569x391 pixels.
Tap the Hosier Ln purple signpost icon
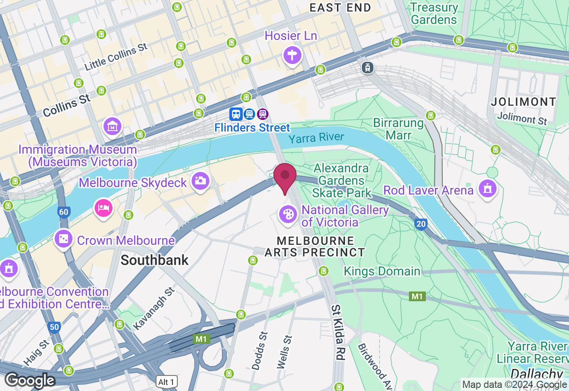[x=292, y=56]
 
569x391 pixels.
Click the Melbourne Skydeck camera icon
[x=200, y=181]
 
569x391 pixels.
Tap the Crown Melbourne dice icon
[x=64, y=239]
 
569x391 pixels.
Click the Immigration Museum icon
[x=112, y=127]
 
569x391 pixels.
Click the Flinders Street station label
[x=252, y=128]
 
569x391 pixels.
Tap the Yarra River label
[x=316, y=138]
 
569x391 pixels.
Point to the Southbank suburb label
[x=155, y=260]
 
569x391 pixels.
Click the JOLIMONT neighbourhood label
[x=524, y=102]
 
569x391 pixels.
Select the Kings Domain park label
[x=382, y=271]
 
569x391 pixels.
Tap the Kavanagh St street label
[x=154, y=308]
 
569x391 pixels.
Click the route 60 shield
[x=64, y=212]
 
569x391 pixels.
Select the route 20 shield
[x=421, y=223]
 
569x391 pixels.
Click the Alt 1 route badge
[x=167, y=382]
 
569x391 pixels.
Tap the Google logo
[x=30, y=381]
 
